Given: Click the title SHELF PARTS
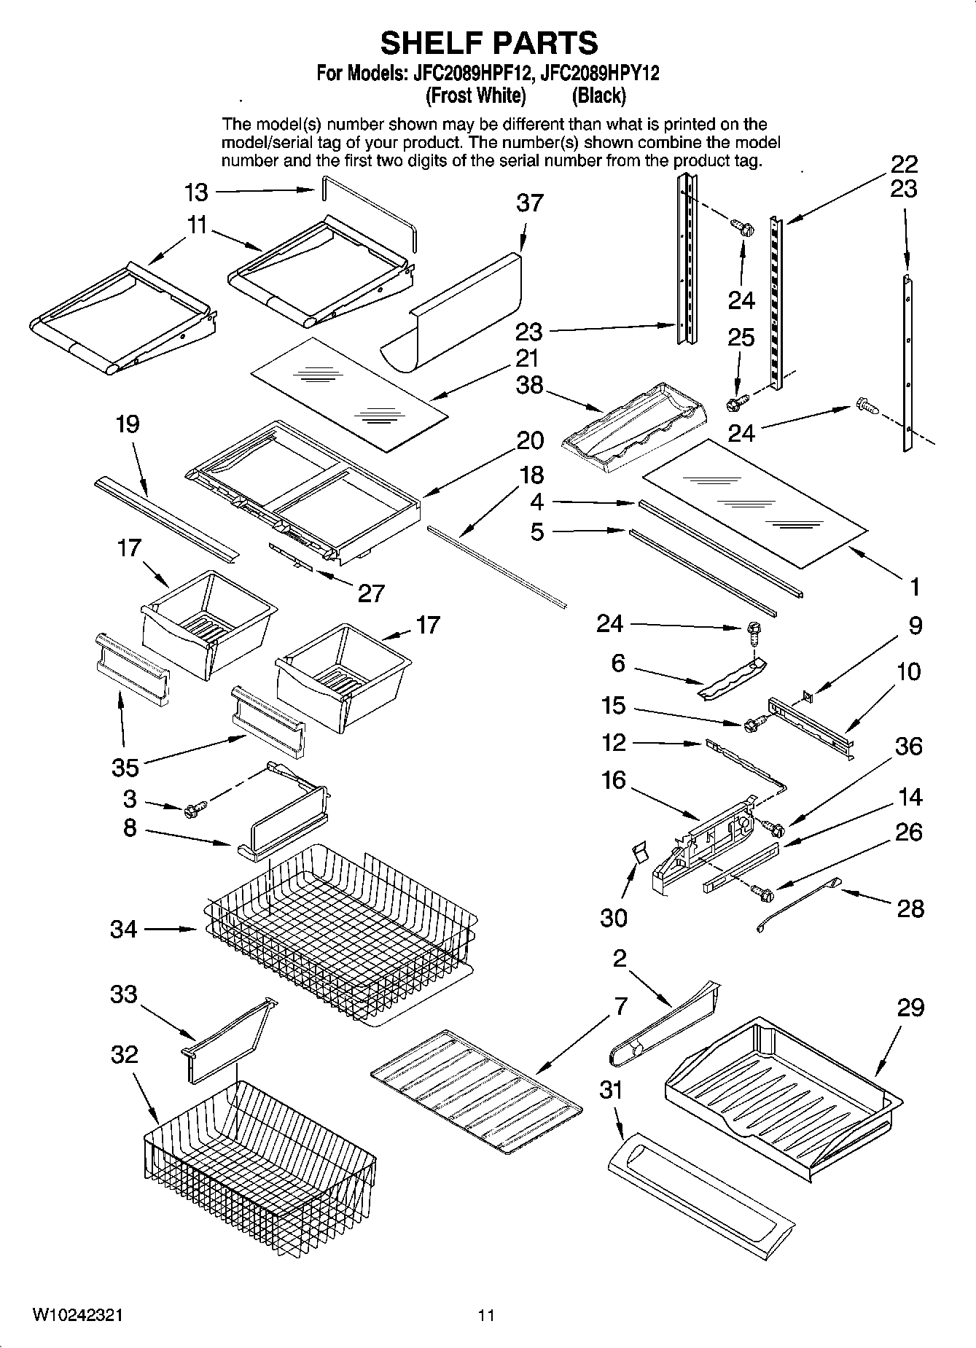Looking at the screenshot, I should click(488, 43).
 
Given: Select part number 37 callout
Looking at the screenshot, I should click(530, 203).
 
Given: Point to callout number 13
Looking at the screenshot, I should click(196, 192).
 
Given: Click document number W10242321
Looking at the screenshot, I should click(77, 1315).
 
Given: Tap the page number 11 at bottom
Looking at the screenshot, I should click(486, 1315).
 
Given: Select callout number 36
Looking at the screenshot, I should click(909, 747).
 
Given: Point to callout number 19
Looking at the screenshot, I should click(128, 424).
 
